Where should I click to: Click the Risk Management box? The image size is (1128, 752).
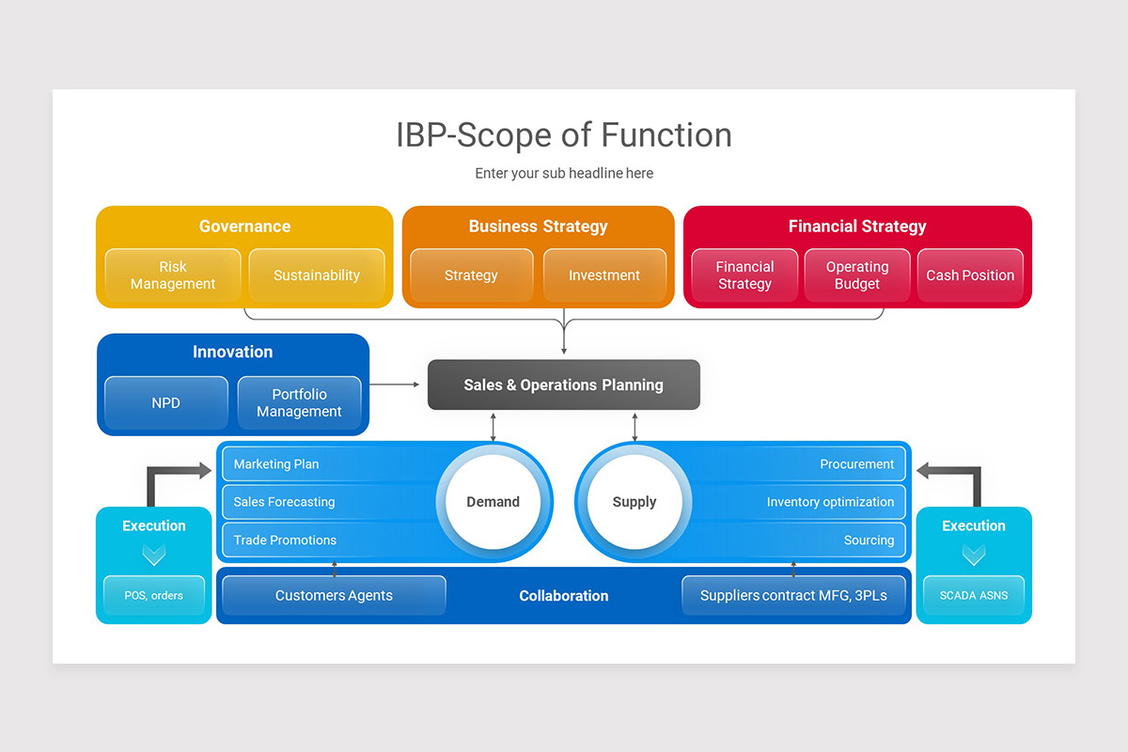(x=173, y=275)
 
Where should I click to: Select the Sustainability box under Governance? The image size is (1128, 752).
(x=317, y=275)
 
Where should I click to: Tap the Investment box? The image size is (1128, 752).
(x=604, y=275)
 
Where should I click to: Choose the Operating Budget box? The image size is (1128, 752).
(x=857, y=275)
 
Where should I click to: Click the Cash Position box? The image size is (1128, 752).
(x=970, y=275)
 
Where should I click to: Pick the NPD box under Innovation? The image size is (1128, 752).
(x=165, y=403)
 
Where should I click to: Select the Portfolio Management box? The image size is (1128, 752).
(x=299, y=403)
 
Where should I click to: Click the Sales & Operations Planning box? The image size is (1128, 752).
(x=564, y=384)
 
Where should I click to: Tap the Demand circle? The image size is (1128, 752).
(x=493, y=502)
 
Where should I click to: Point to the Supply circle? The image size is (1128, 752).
(x=634, y=502)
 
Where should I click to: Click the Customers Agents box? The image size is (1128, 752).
(x=334, y=595)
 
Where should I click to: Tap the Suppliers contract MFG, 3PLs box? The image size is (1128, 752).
(x=793, y=595)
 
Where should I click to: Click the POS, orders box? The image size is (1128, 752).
(x=154, y=595)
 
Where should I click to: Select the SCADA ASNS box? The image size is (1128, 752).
(x=974, y=595)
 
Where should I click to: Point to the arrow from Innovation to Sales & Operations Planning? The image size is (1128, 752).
(x=396, y=384)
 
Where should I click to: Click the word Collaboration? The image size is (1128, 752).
(x=564, y=596)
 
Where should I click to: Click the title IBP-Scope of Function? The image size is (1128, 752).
(x=564, y=135)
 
